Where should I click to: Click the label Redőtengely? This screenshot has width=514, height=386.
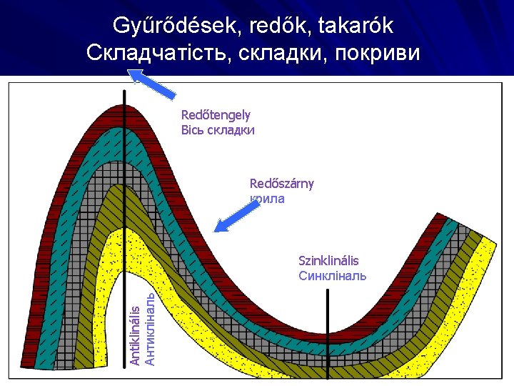(x=216, y=114)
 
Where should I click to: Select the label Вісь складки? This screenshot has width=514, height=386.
(x=218, y=130)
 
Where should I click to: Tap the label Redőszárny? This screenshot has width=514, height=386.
(x=281, y=184)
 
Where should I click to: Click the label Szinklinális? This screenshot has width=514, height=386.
(x=328, y=261)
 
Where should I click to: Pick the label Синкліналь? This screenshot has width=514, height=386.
(x=332, y=276)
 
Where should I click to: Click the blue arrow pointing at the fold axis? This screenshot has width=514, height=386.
(x=151, y=82)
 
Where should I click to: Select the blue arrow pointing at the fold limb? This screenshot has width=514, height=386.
(x=237, y=216)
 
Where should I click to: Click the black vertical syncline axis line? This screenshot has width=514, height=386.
(x=328, y=336)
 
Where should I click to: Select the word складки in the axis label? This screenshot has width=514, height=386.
(x=231, y=130)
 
